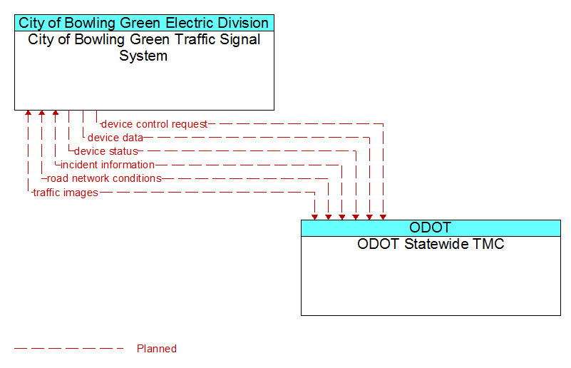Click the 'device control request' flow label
[x=154, y=124]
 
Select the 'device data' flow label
[x=115, y=138]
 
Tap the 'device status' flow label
[x=106, y=151]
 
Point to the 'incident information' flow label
[x=108, y=165]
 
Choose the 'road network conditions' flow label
[x=104, y=178]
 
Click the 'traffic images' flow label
[x=66, y=193]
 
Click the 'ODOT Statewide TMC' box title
[x=431, y=244]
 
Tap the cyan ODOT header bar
[x=431, y=228]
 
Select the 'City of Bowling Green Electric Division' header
[x=144, y=23]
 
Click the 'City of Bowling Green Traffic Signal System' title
[x=144, y=47]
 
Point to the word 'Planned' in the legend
[x=157, y=349]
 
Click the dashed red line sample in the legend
[x=69, y=349]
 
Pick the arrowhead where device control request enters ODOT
[x=383, y=217]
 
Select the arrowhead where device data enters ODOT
[x=370, y=217]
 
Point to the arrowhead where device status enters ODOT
[x=356, y=217]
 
